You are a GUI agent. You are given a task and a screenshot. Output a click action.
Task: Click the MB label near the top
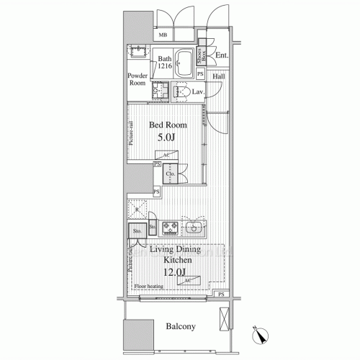[x=163, y=35]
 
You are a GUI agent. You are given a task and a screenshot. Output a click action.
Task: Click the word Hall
[x=220, y=74]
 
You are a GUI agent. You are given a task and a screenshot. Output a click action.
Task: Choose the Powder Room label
[x=138, y=79]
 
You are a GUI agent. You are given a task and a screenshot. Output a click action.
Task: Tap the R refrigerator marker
[x=137, y=210]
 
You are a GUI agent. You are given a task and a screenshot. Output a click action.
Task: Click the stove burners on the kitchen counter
[x=171, y=229]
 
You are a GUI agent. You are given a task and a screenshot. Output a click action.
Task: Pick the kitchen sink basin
[x=194, y=229]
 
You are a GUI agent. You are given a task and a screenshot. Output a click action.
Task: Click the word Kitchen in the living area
[x=176, y=260]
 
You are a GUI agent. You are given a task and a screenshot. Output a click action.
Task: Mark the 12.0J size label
[x=176, y=272]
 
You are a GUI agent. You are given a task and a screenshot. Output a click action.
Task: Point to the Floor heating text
[x=149, y=286]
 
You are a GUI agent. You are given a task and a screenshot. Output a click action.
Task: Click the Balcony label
[x=181, y=327]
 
